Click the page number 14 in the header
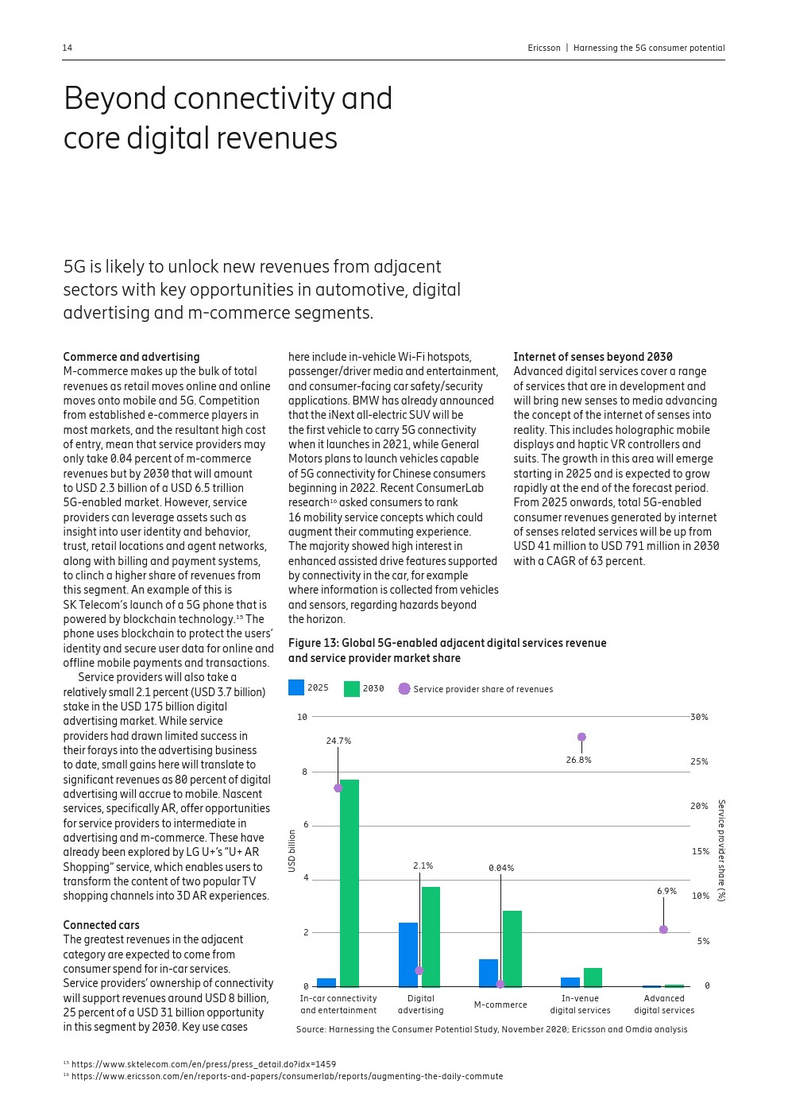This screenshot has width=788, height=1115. pos(68,48)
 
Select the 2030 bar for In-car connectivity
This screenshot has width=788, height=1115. pos(350,882)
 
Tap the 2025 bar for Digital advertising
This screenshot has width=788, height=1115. pos(408,954)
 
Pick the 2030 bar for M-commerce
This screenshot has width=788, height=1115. pos(512,948)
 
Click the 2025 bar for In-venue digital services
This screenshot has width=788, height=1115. pos(570,982)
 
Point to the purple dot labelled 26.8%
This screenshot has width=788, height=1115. pos(581,738)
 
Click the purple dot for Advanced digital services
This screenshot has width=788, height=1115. pos(663,930)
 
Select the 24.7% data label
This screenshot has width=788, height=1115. pos(338,741)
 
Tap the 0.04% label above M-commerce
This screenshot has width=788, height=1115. pos(501,868)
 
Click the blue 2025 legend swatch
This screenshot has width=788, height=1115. pos(296,688)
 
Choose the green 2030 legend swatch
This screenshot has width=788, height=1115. pos(352,688)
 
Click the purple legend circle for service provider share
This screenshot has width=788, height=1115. pos(404,689)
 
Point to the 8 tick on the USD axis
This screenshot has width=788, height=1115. pos(304,772)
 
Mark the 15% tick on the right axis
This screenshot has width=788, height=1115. pos(700,851)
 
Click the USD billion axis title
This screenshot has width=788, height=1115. pos(292,850)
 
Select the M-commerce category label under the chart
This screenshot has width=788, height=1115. pos(500,1005)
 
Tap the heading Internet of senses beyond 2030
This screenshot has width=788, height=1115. pos(593,357)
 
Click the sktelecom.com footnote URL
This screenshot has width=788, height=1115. pos(203,1064)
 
